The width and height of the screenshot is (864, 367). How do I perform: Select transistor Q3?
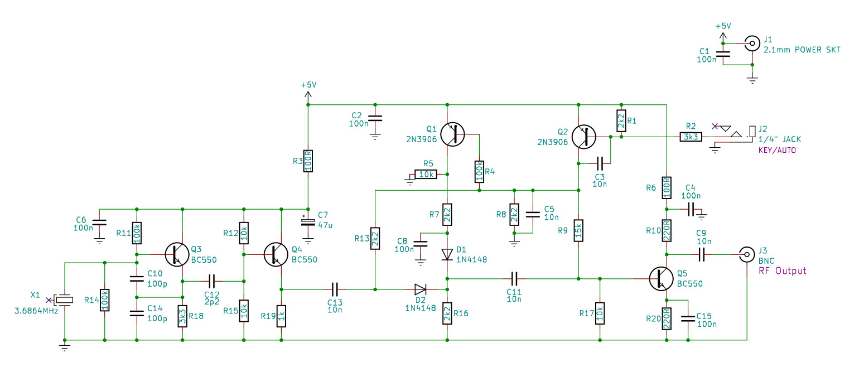(177, 254)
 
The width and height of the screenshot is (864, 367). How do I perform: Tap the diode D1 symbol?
(447, 254)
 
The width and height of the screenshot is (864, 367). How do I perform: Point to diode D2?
(421, 289)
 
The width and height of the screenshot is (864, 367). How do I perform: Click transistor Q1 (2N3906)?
(452, 134)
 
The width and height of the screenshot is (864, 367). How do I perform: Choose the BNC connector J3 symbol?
(747, 254)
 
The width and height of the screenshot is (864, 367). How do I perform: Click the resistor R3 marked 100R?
(308, 161)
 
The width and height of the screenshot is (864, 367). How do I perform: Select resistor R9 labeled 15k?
(578, 230)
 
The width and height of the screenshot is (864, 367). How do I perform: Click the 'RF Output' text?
(782, 271)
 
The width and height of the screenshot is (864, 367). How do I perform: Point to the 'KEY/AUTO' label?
(777, 151)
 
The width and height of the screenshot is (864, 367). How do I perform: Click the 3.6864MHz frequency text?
(36, 311)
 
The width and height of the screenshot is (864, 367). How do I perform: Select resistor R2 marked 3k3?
(691, 137)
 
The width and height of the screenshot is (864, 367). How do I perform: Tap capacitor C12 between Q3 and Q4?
(211, 282)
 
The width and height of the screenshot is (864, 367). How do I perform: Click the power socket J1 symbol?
(752, 44)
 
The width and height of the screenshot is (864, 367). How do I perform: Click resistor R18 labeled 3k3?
(182, 316)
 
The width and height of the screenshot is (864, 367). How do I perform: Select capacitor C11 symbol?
(514, 278)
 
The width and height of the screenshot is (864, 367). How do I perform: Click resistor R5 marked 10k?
(426, 174)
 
